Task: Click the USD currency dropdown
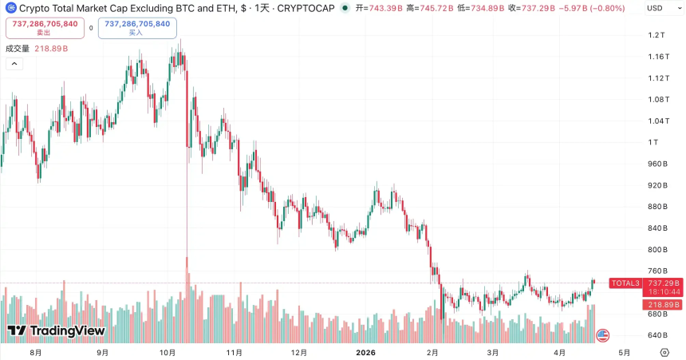pyautogui.click(x=658, y=8)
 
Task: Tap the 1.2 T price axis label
pyautogui.click(x=656, y=35)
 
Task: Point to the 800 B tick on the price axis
pyautogui.click(x=656, y=250)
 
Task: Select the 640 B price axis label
pyautogui.click(x=656, y=335)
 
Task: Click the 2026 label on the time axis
pyautogui.click(x=365, y=352)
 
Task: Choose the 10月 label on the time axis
pyautogui.click(x=168, y=352)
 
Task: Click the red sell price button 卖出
pyautogui.click(x=45, y=28)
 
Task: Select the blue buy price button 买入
pyautogui.click(x=137, y=28)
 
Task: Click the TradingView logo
pyautogui.click(x=56, y=330)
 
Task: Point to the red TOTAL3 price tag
pyautogui.click(x=625, y=283)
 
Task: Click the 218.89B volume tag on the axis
pyautogui.click(x=664, y=305)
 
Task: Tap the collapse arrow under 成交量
pyautogui.click(x=14, y=64)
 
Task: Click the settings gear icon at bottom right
pyautogui.click(x=664, y=352)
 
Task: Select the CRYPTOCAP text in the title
pyautogui.click(x=306, y=8)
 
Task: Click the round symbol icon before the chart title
pyautogui.click(x=10, y=8)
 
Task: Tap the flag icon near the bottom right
pyautogui.click(x=603, y=335)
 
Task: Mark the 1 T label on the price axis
pyautogui.click(x=654, y=142)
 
